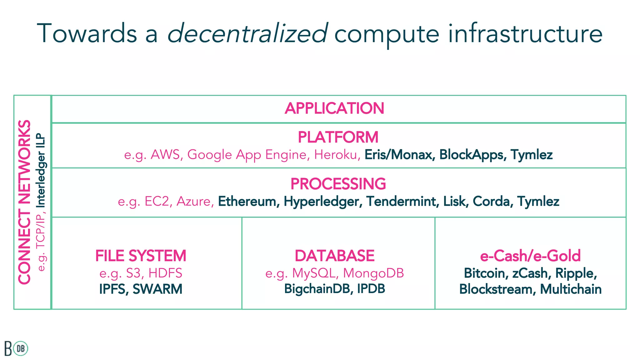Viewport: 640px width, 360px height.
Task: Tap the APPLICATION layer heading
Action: pos(334,108)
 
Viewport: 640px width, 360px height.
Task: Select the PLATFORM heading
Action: pos(338,137)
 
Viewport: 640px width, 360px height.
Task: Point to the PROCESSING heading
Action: pos(338,184)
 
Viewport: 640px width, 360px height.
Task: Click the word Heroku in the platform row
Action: pos(336,155)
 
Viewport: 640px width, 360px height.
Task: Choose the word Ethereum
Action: pos(247,201)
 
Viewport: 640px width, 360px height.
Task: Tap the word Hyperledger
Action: pos(321,201)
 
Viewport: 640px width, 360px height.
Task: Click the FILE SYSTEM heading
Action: pos(141,256)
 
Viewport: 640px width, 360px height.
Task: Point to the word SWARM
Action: pos(157,289)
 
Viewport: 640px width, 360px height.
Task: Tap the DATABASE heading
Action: pos(334,256)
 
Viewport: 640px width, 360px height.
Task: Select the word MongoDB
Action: pos(373,273)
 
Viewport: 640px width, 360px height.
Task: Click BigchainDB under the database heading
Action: pos(317,289)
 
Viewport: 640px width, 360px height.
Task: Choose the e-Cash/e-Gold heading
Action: pos(530,256)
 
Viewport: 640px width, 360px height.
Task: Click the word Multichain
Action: pos(570,289)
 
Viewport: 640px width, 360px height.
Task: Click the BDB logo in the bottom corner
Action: pos(16,348)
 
